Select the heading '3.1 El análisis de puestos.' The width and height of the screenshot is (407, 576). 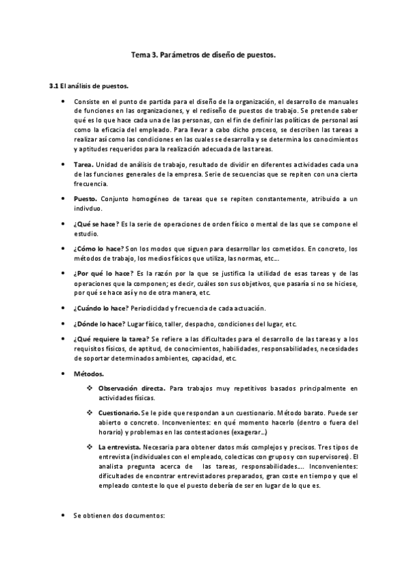89,86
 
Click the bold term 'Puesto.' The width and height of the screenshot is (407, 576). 85,198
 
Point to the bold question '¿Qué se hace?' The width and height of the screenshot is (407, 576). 96,223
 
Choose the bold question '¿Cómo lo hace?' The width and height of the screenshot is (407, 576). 97,249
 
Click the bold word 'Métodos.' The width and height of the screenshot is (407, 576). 88,374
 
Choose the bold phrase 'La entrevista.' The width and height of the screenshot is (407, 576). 119,447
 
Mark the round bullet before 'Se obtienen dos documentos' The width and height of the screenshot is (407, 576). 63,516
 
